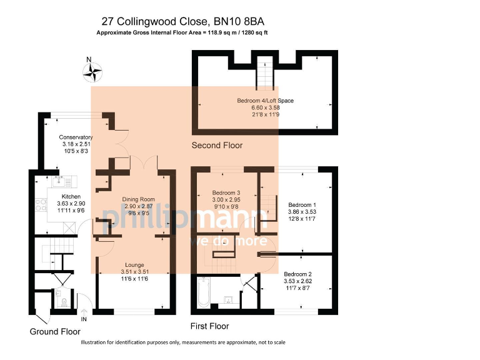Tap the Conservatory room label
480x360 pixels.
[x=76, y=137]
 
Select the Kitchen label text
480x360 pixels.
[x=71, y=196]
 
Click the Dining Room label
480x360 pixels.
[x=138, y=199]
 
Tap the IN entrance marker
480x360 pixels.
[x=84, y=319]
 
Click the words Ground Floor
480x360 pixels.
[x=55, y=332]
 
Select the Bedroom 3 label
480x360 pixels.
[x=224, y=192]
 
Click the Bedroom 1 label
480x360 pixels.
[x=302, y=204]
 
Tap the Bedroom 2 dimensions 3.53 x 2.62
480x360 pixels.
[x=297, y=282]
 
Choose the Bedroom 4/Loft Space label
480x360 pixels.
[x=265, y=101]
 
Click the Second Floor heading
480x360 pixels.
[x=217, y=146]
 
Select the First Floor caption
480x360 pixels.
[x=209, y=326]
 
